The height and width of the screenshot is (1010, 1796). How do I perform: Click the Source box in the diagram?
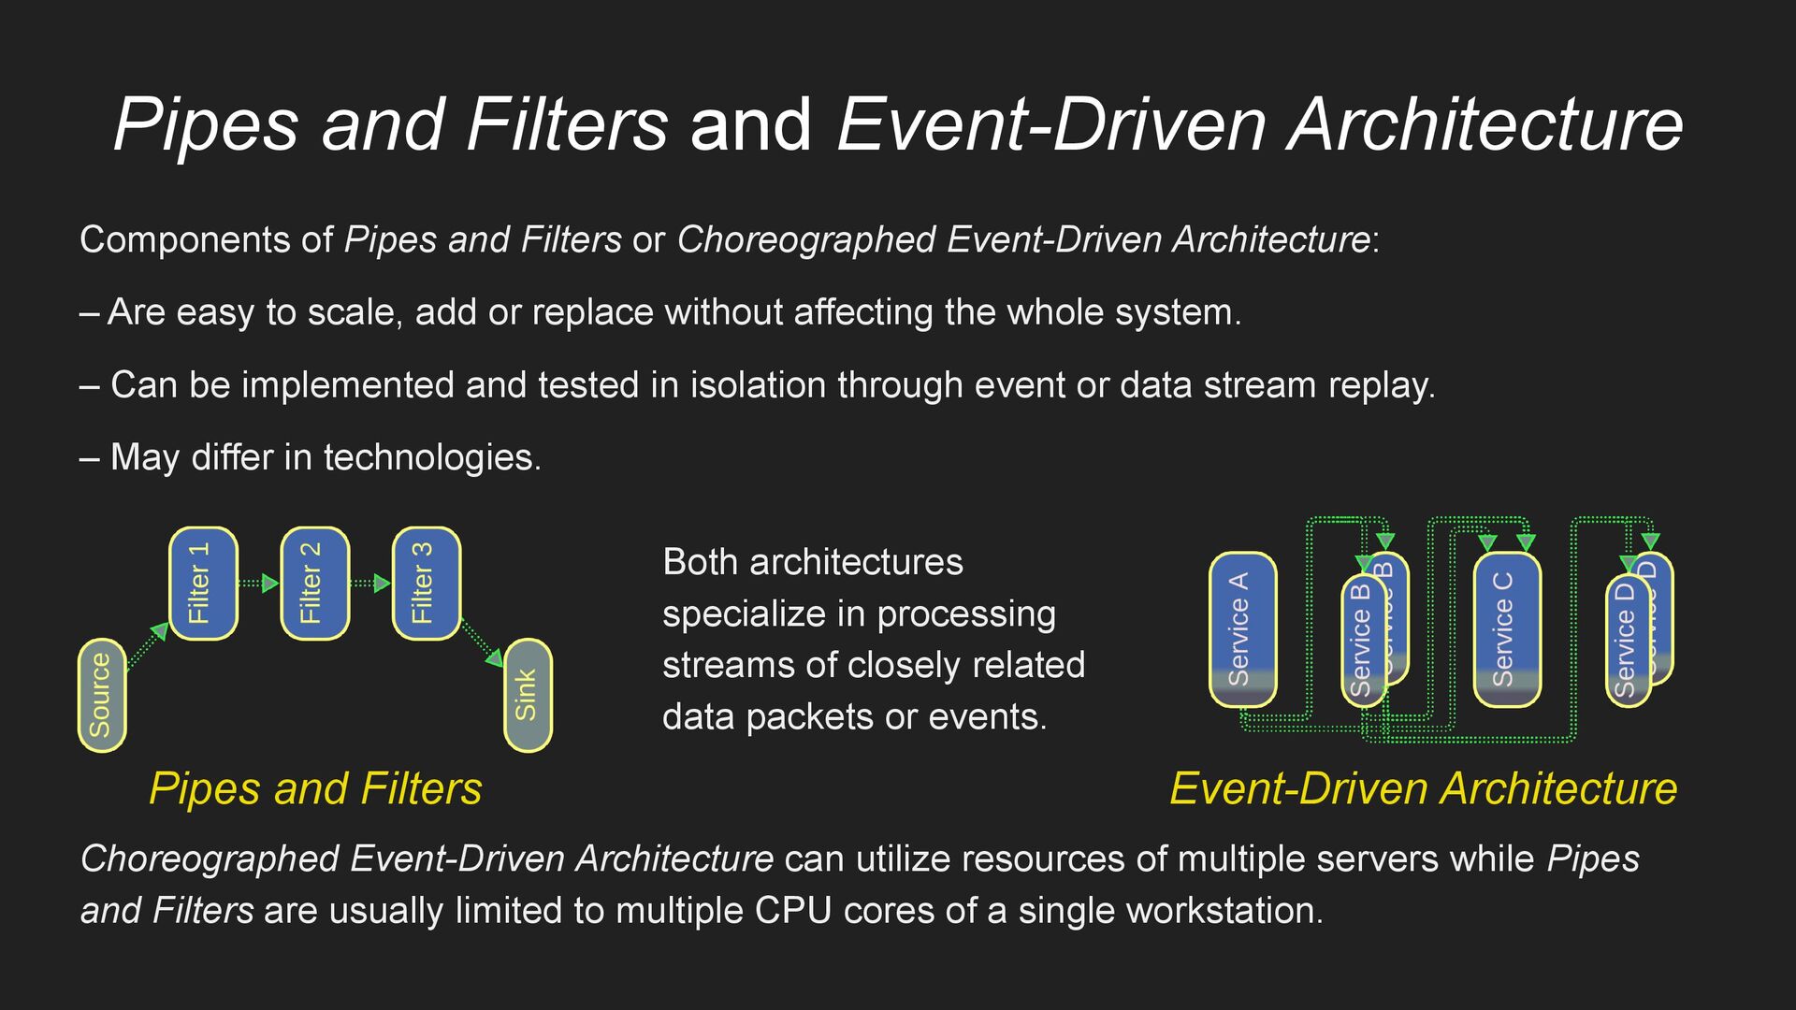(101, 695)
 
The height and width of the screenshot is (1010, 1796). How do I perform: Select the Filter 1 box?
(203, 584)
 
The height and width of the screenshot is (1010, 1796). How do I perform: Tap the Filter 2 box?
(314, 584)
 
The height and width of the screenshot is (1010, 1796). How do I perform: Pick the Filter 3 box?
(427, 584)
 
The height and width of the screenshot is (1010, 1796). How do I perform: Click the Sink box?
(528, 695)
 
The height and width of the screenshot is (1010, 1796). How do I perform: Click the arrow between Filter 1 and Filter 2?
(259, 584)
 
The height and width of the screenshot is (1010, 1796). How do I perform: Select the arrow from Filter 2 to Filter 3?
(370, 584)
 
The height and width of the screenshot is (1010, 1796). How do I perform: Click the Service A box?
(1242, 628)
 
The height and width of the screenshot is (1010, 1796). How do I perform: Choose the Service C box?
(1506, 628)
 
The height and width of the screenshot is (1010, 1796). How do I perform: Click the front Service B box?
(1361, 641)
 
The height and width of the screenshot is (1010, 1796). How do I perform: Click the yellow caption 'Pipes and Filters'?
(315, 788)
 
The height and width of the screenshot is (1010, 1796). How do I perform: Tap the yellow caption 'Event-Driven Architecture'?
(1423, 788)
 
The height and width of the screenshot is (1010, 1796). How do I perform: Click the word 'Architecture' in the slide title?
(1485, 124)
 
